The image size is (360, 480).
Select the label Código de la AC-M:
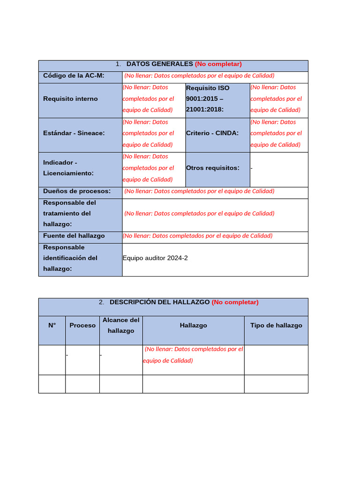coord(74,75)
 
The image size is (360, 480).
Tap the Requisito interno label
coord(70,99)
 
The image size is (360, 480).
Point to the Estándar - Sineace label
coord(74,133)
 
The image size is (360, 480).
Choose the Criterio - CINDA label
coord(212,133)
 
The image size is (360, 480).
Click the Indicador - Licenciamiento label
coord(68,168)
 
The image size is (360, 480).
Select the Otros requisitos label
coord(213,168)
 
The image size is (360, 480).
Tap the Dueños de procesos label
coord(76,191)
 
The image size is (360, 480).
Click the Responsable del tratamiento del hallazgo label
coord(69,213)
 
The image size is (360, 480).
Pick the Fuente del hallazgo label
coord(74,236)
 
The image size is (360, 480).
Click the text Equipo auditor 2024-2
coord(155,258)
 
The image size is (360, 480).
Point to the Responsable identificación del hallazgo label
coord(70,258)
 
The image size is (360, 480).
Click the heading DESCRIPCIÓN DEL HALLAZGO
coord(159,302)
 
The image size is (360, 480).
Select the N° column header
coord(52,325)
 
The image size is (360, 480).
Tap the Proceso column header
coord(82,325)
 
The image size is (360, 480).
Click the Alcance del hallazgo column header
coord(121,325)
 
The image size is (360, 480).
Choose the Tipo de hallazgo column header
coord(276,325)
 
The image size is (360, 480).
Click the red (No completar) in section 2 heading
coord(235,302)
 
